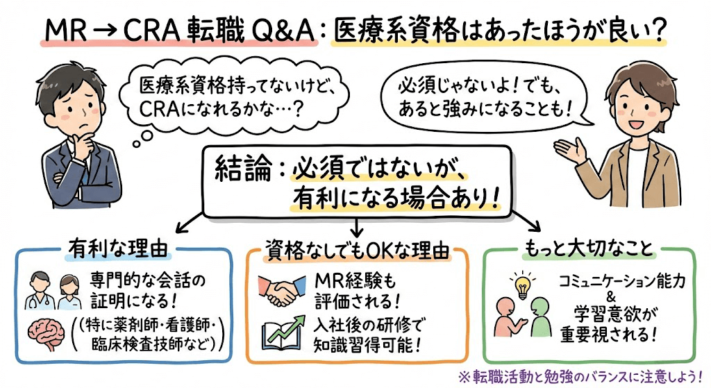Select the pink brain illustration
49,333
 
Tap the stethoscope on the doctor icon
38,300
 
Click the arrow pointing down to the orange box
358,226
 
